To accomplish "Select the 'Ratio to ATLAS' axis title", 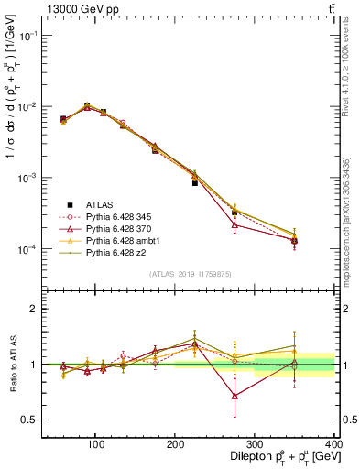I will point(11,365).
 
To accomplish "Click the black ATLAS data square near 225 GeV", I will point(195,183).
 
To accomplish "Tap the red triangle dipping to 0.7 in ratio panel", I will point(235,396).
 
